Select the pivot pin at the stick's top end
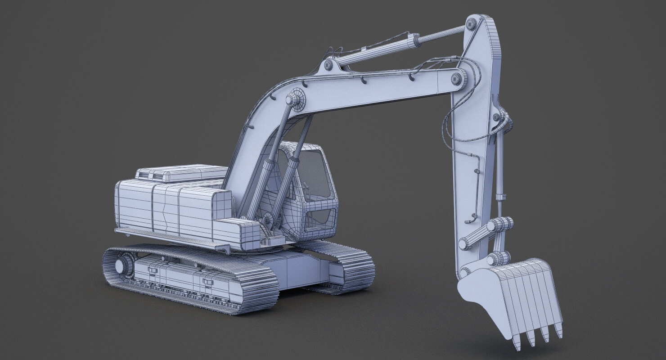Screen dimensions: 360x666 click(x=471, y=24)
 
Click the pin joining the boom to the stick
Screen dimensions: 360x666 click(x=457, y=79)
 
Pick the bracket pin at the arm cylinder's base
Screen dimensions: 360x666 click(x=328, y=65)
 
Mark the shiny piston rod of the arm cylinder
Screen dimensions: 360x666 click(x=441, y=35)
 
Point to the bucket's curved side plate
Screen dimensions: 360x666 click(x=484, y=297)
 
